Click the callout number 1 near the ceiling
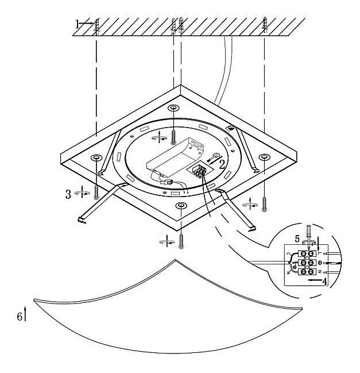(x=78, y=24)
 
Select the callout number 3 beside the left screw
(x=68, y=194)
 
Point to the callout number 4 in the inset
(x=324, y=282)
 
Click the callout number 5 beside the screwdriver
(x=297, y=238)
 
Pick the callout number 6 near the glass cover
(x=20, y=317)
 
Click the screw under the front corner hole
(x=181, y=239)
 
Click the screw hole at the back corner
(x=173, y=109)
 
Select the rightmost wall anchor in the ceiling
(x=265, y=24)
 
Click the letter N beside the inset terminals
(x=327, y=270)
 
